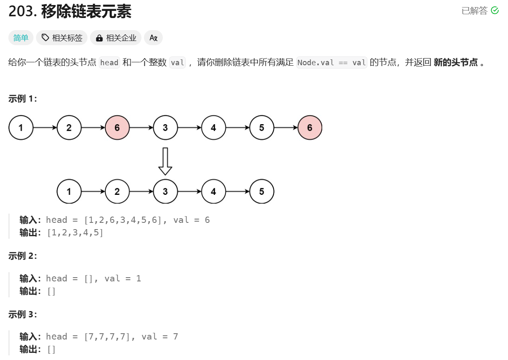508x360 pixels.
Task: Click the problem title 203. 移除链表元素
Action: pos(70,12)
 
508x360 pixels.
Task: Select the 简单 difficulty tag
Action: pos(21,38)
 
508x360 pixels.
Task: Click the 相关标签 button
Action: pos(62,38)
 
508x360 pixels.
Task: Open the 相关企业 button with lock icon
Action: pos(116,38)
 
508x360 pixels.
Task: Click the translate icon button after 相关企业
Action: pos(153,38)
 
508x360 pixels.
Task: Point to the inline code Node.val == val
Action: pos(331,63)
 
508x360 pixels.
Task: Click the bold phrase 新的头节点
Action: pos(455,63)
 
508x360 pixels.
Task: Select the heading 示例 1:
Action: pos(23,99)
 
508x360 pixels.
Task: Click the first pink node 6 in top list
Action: pos(117,128)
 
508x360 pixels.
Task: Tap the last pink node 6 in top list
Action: pos(310,128)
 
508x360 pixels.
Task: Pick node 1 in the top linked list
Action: pos(21,128)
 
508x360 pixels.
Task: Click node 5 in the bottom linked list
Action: pos(262,191)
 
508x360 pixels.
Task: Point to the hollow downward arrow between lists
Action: pos(165,161)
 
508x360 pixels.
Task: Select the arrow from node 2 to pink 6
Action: pos(93,128)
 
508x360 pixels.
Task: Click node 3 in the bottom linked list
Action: pos(165,191)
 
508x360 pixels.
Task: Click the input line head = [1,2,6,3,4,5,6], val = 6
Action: pos(128,220)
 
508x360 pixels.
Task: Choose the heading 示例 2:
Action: pos(23,256)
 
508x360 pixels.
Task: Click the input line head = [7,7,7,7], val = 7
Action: pos(112,337)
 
